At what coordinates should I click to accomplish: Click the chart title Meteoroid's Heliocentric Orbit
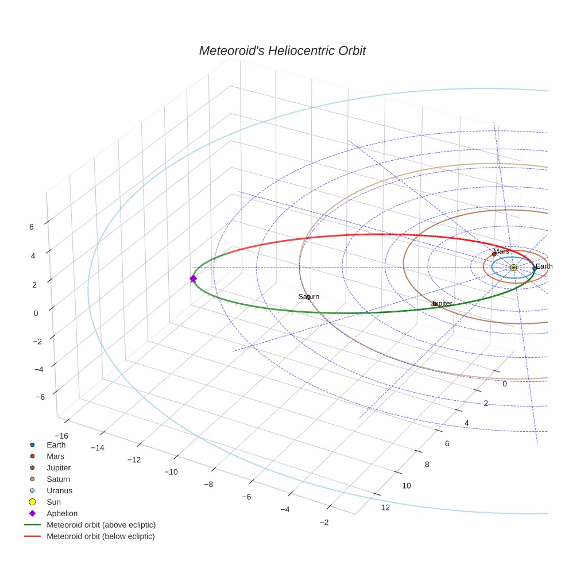click(x=282, y=51)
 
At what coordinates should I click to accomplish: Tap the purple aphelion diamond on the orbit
click(x=193, y=278)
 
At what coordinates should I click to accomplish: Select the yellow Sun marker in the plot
click(x=513, y=268)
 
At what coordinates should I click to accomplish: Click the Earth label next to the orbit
click(x=544, y=266)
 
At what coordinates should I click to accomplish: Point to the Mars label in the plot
click(x=501, y=251)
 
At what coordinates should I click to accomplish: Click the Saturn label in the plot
click(x=308, y=296)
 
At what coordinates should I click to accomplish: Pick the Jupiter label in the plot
click(x=442, y=303)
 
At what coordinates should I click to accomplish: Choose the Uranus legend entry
click(x=60, y=490)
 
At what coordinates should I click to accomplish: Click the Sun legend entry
click(x=55, y=502)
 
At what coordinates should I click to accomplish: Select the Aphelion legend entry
click(x=62, y=513)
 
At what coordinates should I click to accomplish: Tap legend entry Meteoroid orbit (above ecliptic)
click(x=101, y=525)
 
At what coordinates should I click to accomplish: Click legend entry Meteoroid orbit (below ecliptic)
click(x=100, y=536)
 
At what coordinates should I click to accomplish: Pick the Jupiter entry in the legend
click(x=59, y=467)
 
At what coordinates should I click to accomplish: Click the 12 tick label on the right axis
click(x=385, y=507)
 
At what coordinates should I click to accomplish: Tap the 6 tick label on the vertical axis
click(x=32, y=227)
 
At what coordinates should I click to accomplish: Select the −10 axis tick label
click(x=171, y=472)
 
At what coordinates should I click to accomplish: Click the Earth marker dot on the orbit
click(x=534, y=268)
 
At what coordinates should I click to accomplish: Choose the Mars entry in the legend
click(x=55, y=456)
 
